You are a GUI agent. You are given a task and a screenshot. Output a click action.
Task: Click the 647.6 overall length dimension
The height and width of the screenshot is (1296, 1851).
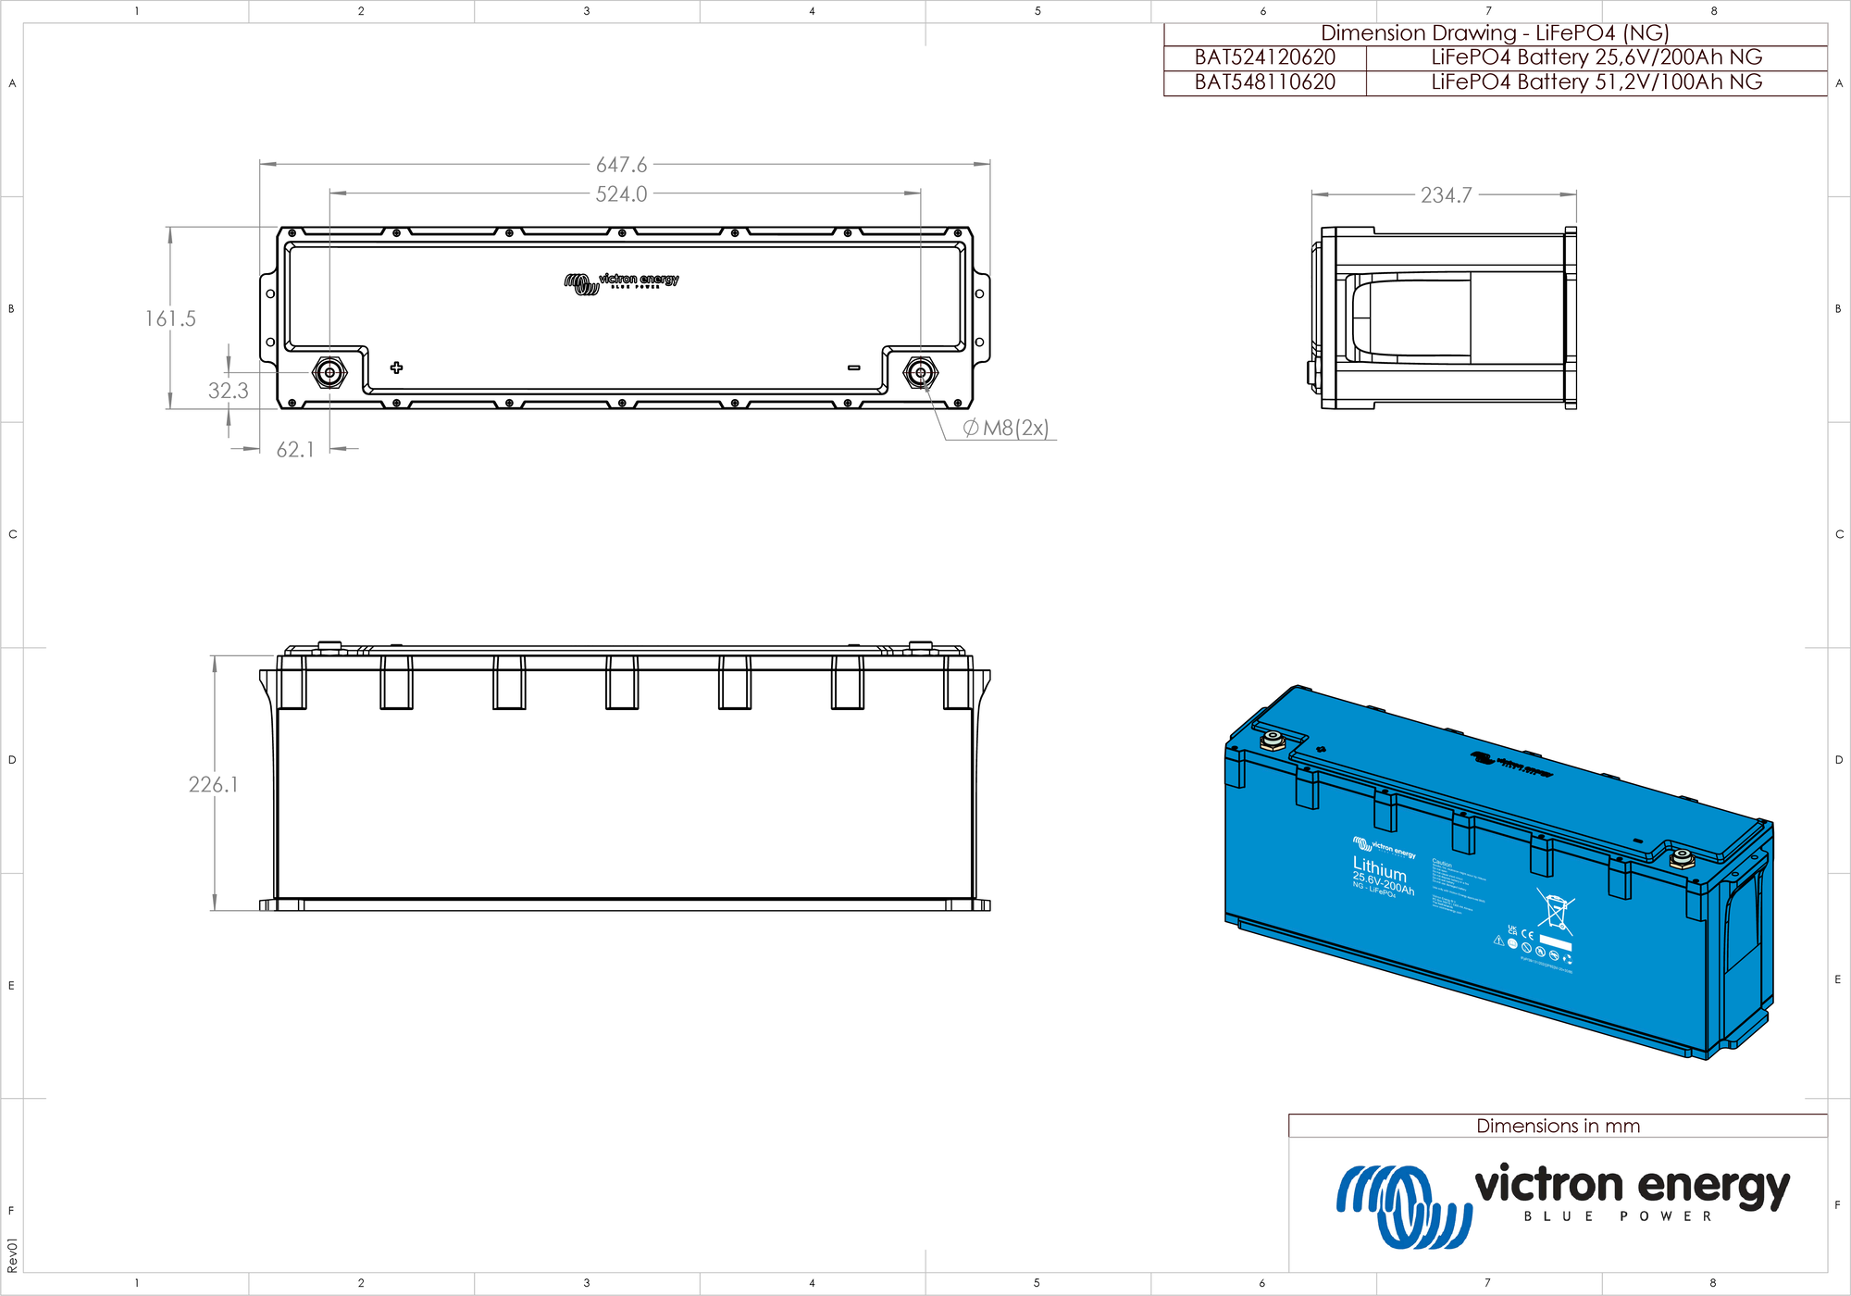pos(621,165)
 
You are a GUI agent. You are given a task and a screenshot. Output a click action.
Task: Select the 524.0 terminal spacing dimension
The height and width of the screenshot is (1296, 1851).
pos(621,194)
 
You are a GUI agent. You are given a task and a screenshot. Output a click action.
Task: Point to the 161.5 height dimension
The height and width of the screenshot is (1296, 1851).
pos(170,318)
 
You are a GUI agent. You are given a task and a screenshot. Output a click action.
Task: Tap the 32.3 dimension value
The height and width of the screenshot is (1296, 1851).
pos(228,391)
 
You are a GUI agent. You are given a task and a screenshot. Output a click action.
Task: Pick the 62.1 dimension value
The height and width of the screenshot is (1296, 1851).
pos(295,450)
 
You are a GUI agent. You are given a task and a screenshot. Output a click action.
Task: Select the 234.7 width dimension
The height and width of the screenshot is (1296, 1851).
pos(1446,195)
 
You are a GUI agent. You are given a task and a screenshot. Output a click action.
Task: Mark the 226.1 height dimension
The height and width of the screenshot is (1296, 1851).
pos(213,785)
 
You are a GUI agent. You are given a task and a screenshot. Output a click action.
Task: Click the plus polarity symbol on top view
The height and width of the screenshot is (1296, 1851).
pos(396,368)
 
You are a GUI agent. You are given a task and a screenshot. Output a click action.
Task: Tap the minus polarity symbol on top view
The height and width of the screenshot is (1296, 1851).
pos(853,368)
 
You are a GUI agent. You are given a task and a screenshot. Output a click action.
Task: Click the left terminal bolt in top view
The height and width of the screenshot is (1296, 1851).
pos(329,373)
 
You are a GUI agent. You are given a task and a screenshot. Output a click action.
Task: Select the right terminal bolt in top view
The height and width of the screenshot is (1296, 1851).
pos(920,373)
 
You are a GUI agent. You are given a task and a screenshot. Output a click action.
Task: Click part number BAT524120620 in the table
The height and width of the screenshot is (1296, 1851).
pos(1264,57)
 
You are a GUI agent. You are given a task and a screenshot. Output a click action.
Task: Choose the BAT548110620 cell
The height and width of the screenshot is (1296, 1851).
pos(1264,82)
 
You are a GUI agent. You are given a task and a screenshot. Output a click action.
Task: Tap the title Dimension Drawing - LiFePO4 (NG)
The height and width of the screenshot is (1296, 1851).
pos(1494,33)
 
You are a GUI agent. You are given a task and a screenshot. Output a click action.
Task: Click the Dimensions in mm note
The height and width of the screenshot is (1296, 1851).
pos(1558,1126)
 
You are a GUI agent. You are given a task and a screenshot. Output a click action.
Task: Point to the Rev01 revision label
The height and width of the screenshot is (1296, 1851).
pos(12,1255)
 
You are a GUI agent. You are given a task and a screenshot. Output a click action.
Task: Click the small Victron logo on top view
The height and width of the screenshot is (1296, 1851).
pos(621,281)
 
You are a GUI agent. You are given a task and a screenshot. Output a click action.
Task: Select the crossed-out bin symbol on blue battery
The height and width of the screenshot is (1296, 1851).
pos(1556,909)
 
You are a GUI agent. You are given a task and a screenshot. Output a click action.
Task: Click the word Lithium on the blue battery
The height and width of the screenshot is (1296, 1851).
pos(1379,868)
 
